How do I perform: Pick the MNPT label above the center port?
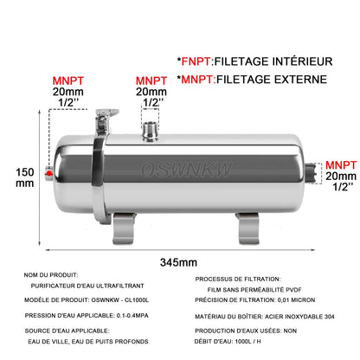(151, 80)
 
